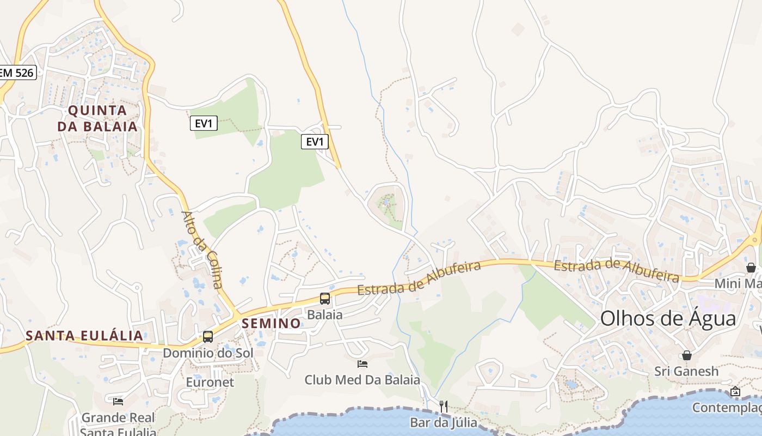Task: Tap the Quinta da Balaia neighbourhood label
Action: [x=98, y=118]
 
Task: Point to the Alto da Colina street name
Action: [x=202, y=250]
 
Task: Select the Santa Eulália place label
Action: [x=84, y=335]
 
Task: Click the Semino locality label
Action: [x=271, y=323]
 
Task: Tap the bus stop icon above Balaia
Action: [x=325, y=298]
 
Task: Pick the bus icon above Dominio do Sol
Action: [x=208, y=336]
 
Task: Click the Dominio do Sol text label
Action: [x=208, y=353]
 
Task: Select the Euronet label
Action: [x=210, y=382]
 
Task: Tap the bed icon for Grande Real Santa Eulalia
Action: [x=118, y=402]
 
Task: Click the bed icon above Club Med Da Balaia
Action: [x=362, y=364]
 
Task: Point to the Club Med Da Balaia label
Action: [x=362, y=380]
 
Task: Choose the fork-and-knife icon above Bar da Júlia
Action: [x=444, y=406]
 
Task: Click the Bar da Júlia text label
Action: [x=444, y=422]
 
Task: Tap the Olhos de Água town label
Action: [x=668, y=318]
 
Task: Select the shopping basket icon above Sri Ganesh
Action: [x=687, y=355]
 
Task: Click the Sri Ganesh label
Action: [x=687, y=372]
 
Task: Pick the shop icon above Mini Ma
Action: [x=751, y=268]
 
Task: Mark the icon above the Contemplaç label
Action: [x=735, y=391]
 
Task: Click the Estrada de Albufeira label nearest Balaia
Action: [x=420, y=278]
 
